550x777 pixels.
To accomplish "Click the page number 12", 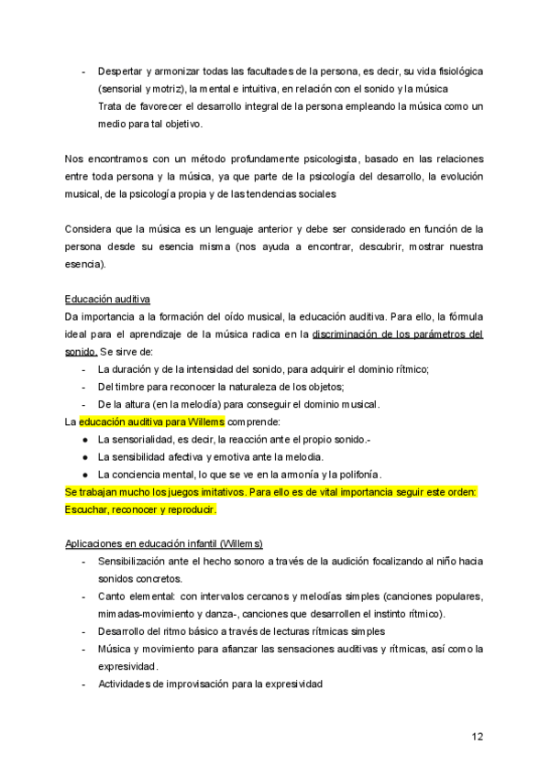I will [x=478, y=736].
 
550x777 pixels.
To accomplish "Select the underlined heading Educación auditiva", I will [x=108, y=300].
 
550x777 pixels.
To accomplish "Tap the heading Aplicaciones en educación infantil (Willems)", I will [x=164, y=543].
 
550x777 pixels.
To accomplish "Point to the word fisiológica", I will [x=448, y=71].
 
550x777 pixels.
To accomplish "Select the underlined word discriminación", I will [x=349, y=334].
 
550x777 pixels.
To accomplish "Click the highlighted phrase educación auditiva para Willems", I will [x=151, y=421].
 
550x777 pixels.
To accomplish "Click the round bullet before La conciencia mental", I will [x=84, y=474].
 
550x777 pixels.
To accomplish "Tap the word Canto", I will [x=114, y=596].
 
